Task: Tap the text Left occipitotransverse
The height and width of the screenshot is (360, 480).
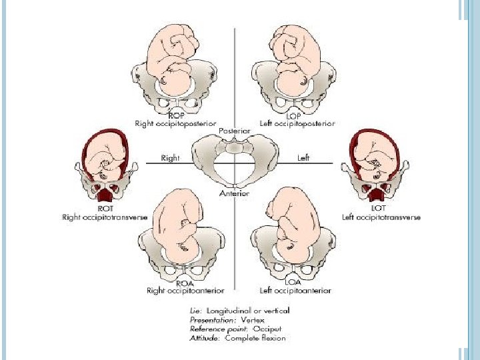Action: pyautogui.click(x=381, y=217)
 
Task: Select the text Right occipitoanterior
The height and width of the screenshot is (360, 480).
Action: pyautogui.click(x=185, y=290)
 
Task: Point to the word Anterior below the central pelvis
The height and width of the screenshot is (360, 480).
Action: pyautogui.click(x=234, y=193)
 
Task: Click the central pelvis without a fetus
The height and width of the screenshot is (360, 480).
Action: pyautogui.click(x=234, y=161)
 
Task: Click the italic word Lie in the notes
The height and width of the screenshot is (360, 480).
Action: pyautogui.click(x=195, y=310)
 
